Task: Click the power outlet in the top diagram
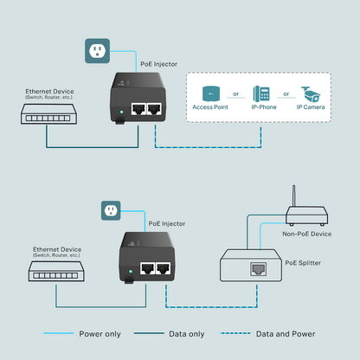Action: pyautogui.click(x=97, y=51)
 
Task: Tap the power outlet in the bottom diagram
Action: pyautogui.click(x=109, y=210)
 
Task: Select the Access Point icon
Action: pyautogui.click(x=210, y=93)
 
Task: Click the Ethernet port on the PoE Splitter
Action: pyautogui.click(x=258, y=269)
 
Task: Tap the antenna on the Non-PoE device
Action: pyautogui.click(x=295, y=194)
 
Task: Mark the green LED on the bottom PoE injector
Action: pyautogui.click(x=127, y=281)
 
